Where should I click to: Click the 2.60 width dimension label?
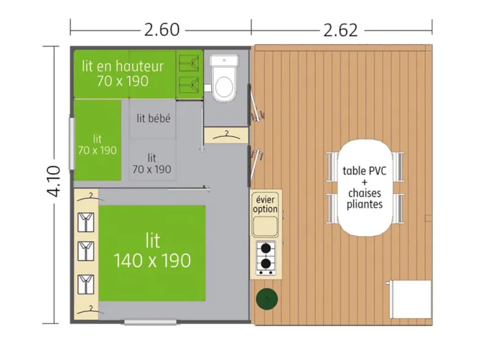click(161, 29)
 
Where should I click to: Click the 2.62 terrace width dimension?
click(340, 29)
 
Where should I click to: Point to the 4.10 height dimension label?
click(54, 182)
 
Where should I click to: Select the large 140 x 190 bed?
click(152, 252)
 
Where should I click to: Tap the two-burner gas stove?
click(265, 257)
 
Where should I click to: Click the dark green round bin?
click(267, 299)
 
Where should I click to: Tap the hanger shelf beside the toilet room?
click(225, 134)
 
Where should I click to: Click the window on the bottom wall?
click(151, 321)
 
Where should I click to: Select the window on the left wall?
click(72, 144)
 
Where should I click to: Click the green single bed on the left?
click(97, 140)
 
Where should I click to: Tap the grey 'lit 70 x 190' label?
click(152, 163)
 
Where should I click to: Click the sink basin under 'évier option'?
click(265, 226)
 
